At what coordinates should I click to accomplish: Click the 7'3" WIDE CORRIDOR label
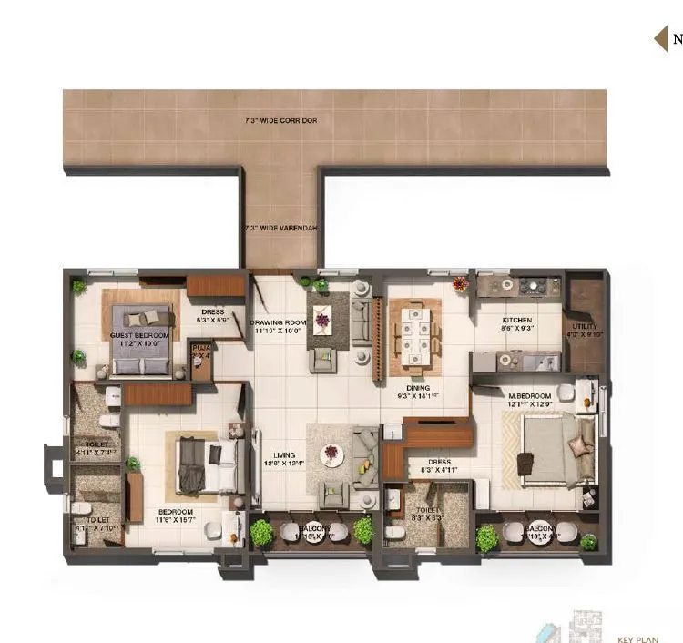click(x=280, y=120)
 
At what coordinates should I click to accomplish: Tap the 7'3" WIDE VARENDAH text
click(x=280, y=228)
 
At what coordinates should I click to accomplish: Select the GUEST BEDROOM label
click(x=140, y=336)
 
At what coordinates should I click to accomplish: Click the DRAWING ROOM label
click(x=279, y=323)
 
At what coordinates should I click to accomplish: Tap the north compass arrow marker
click(x=661, y=38)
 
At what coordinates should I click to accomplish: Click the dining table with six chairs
click(x=415, y=333)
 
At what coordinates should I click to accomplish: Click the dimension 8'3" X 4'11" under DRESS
click(x=436, y=472)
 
